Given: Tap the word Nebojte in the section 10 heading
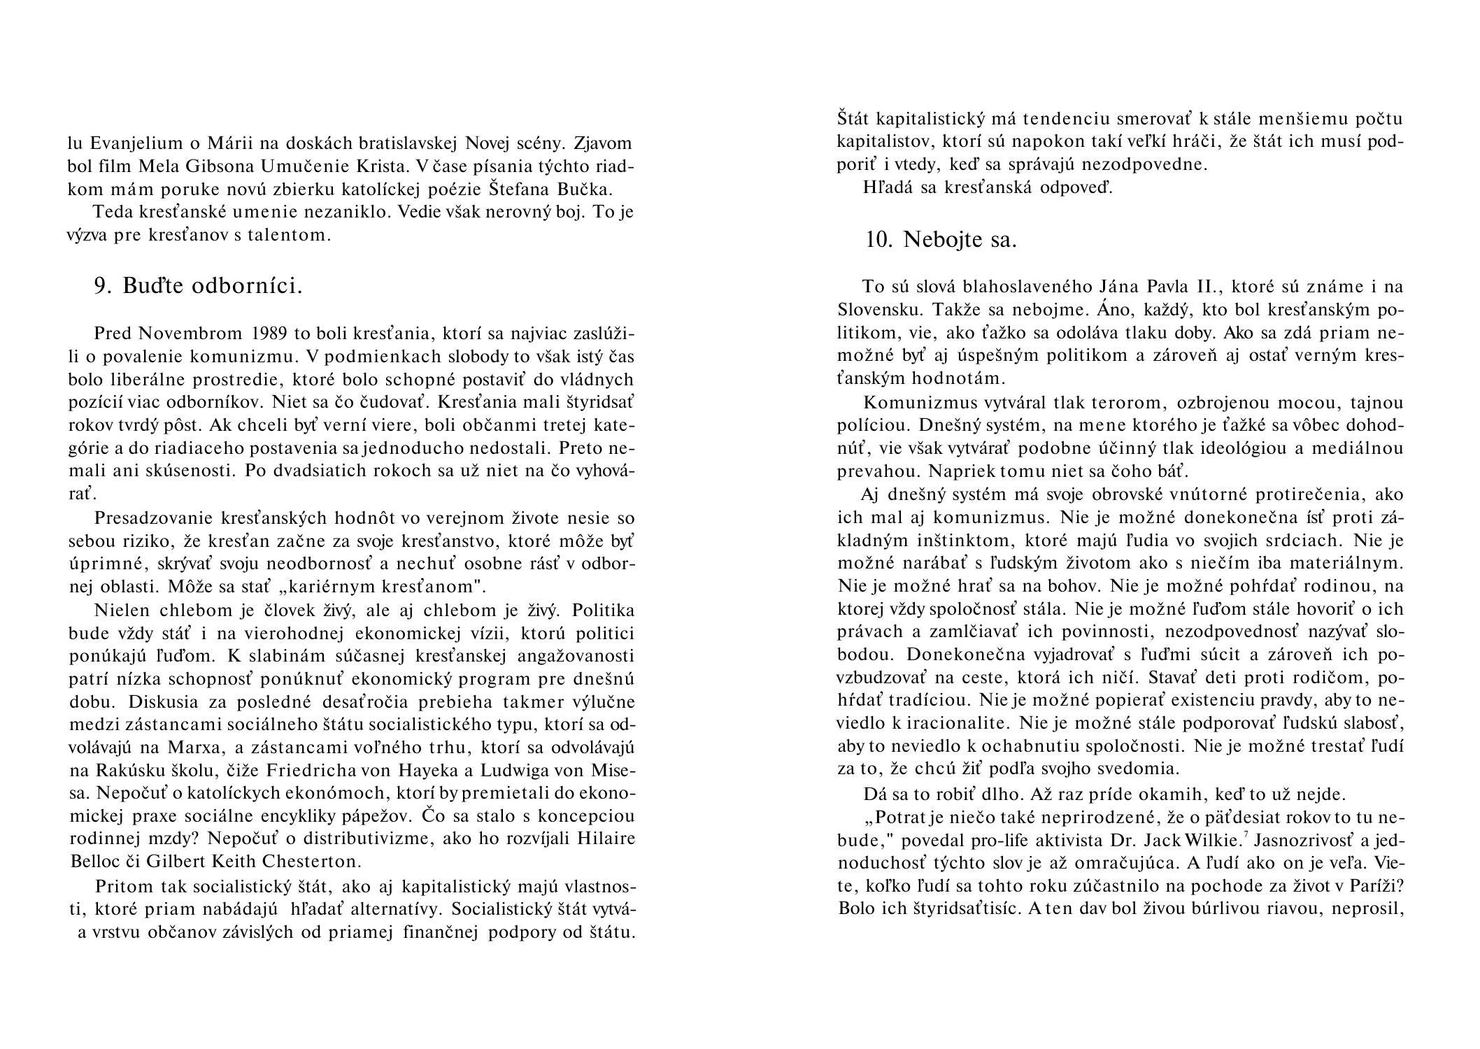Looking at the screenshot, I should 939,239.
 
